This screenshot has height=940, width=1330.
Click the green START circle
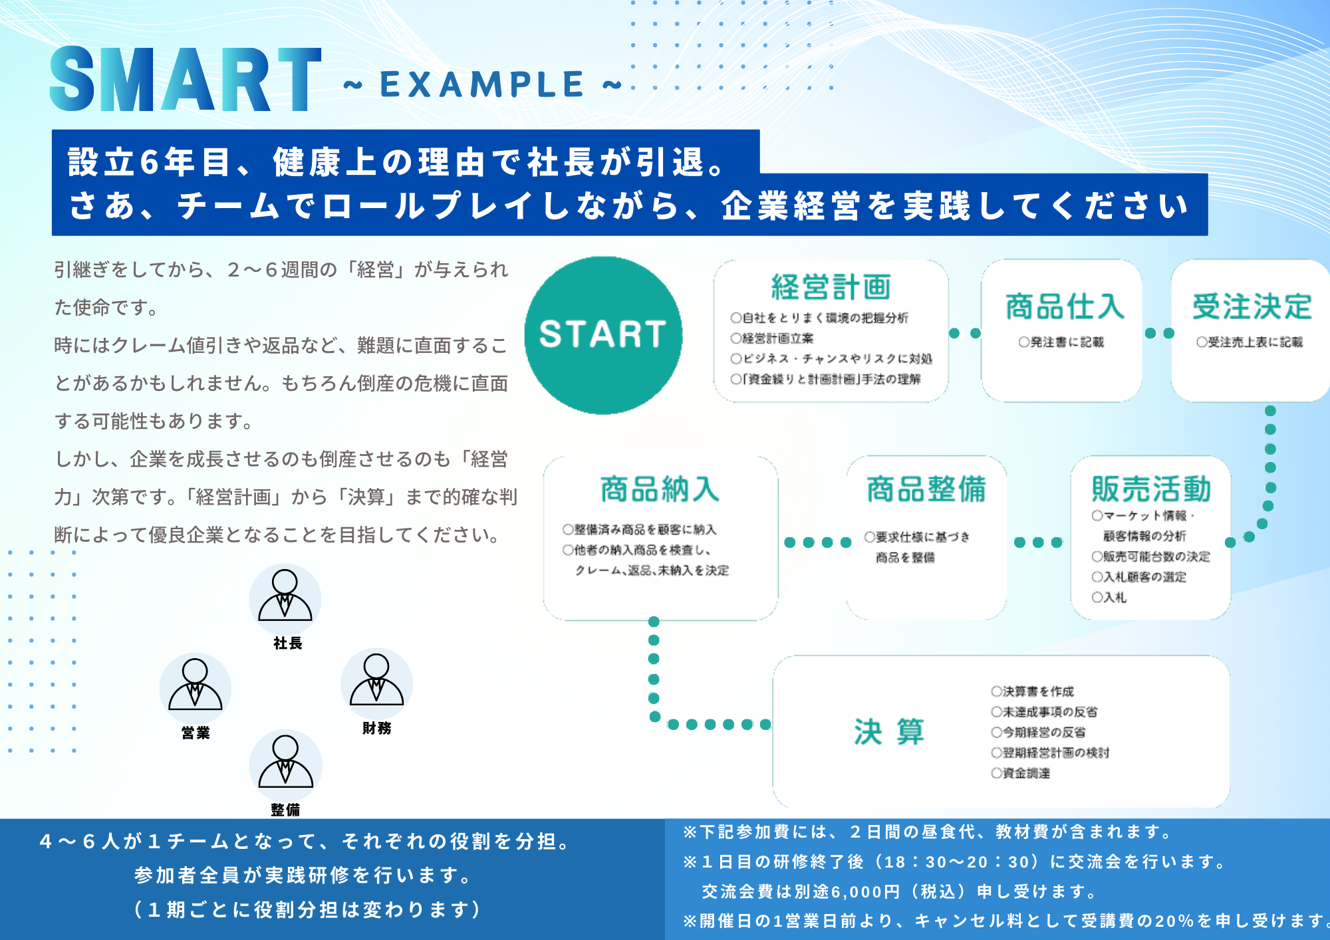[x=603, y=335]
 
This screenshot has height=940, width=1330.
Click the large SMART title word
[x=186, y=80]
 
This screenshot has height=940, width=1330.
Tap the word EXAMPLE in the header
[x=482, y=84]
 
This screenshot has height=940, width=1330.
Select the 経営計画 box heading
[x=831, y=287]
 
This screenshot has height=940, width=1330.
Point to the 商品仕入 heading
[x=1064, y=306]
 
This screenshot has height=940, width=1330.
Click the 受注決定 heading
[x=1252, y=306]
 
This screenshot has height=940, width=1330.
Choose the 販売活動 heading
[x=1151, y=489]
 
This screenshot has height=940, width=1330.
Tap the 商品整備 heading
[x=926, y=489]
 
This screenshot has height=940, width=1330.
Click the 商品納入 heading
[x=660, y=489]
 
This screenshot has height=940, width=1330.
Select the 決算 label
[x=889, y=732]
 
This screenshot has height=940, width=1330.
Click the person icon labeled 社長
[x=285, y=599]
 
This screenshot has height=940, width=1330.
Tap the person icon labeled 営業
[x=196, y=689]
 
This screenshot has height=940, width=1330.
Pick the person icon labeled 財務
[x=376, y=684]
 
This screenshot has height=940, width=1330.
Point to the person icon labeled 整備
[x=286, y=765]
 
